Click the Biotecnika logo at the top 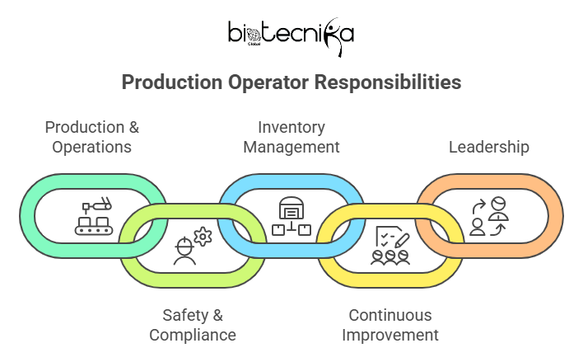tap(291, 34)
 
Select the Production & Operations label tap(91, 137)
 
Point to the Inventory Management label tap(291, 137)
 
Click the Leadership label tap(488, 147)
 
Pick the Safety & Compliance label tap(192, 325)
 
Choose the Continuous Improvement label tap(389, 325)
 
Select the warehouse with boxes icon tap(291, 216)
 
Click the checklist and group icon tap(390, 246)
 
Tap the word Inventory tap(291, 127)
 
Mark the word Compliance tap(192, 335)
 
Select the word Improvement tap(389, 335)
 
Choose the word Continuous tap(389, 315)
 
